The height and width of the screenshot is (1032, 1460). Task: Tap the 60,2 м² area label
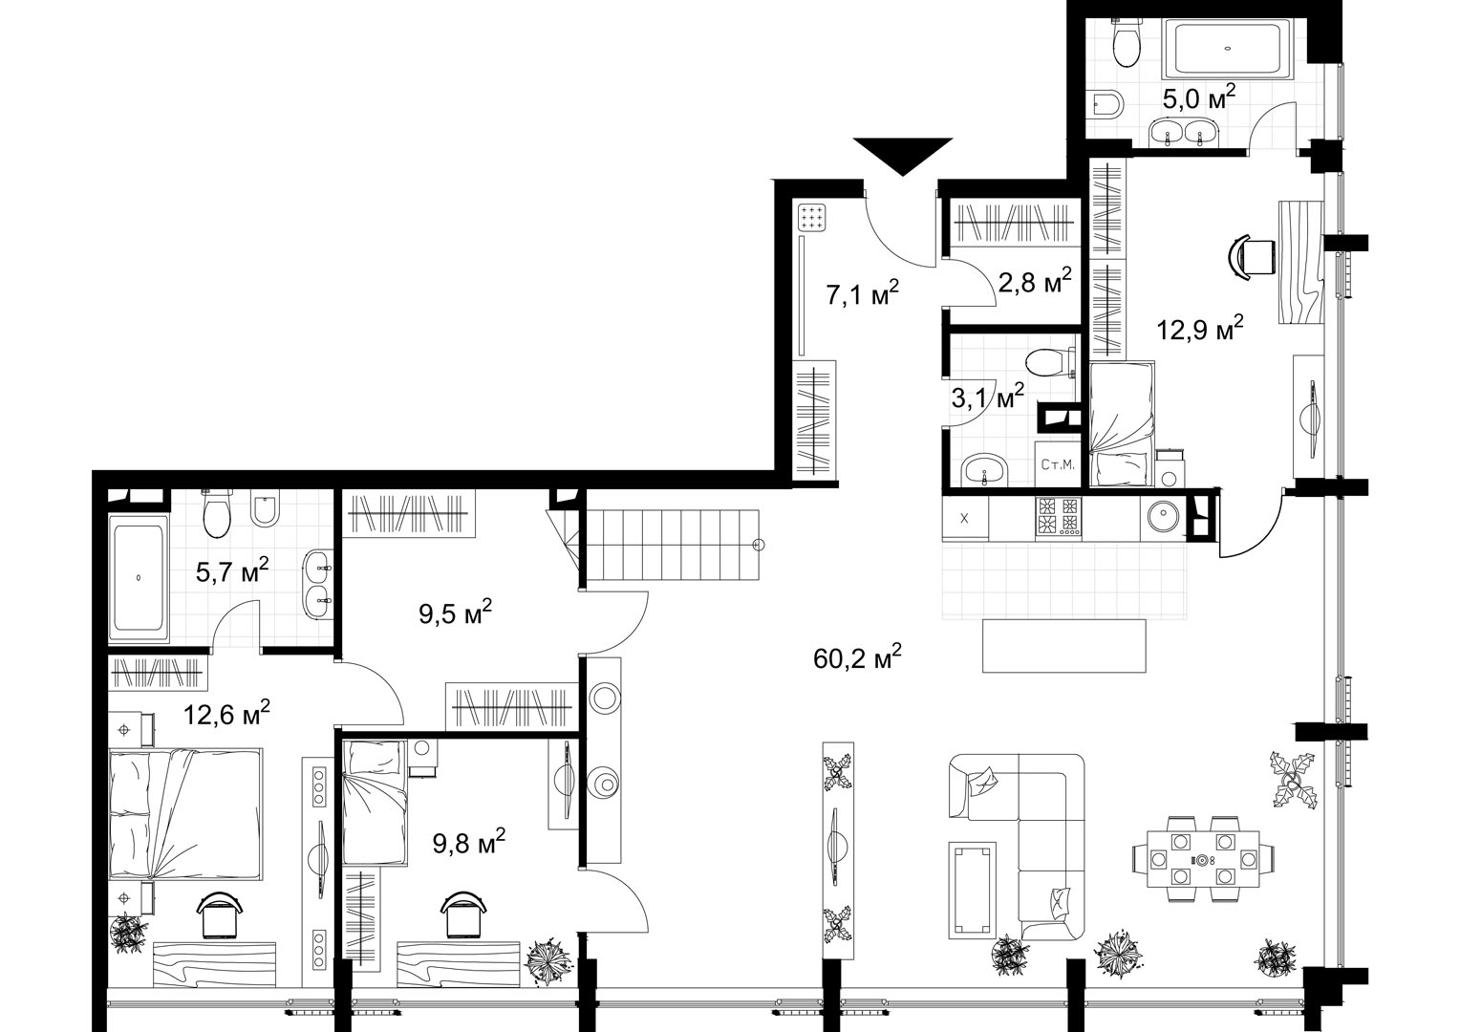pyautogui.click(x=857, y=657)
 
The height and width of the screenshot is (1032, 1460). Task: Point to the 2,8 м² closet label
pyautogui.click(x=1035, y=281)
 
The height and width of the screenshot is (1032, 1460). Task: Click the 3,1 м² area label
pyautogui.click(x=987, y=396)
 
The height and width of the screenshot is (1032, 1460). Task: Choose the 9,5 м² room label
pyautogui.click(x=455, y=613)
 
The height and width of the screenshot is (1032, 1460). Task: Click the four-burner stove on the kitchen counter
pyautogui.click(x=1059, y=517)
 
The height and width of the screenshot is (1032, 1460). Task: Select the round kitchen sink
pyautogui.click(x=1162, y=518)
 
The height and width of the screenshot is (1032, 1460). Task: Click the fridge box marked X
pyautogui.click(x=965, y=518)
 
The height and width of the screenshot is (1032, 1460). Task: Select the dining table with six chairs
pyautogui.click(x=1203, y=859)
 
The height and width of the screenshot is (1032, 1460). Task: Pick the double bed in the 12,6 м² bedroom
pyautogui.click(x=185, y=814)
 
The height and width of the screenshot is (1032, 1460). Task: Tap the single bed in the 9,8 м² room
pyautogui.click(x=375, y=803)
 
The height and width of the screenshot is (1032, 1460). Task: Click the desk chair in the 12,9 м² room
pyautogui.click(x=1252, y=257)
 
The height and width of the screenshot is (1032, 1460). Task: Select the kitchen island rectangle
pyautogui.click(x=1064, y=645)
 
